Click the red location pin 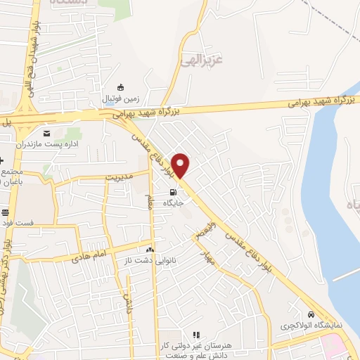click(181, 165)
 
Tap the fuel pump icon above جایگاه click(173, 192)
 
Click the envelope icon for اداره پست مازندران click(47, 133)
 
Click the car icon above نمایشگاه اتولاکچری click(311, 314)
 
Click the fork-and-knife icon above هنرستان click(196, 335)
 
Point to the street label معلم click(150, 202)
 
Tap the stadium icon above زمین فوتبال click(121, 88)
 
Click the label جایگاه click(173, 203)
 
